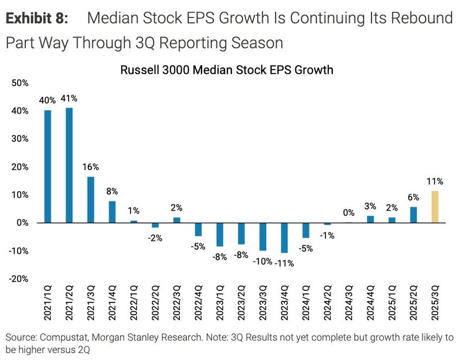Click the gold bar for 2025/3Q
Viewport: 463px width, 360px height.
[435, 207]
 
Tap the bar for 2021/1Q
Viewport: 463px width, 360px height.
[48, 167]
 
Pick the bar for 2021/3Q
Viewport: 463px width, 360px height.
[91, 199]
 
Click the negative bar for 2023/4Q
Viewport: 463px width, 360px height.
[284, 237]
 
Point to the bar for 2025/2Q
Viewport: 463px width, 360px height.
[413, 215]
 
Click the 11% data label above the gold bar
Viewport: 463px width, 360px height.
[435, 181]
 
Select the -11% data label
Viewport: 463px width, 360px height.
[284, 263]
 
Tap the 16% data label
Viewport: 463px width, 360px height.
[91, 167]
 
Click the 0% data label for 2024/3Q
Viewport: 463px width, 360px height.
[349, 213]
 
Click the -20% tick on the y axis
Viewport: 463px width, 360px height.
[19, 279]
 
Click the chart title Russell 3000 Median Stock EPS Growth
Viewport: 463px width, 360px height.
[226, 70]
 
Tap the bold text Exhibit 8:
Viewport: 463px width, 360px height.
[37, 18]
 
